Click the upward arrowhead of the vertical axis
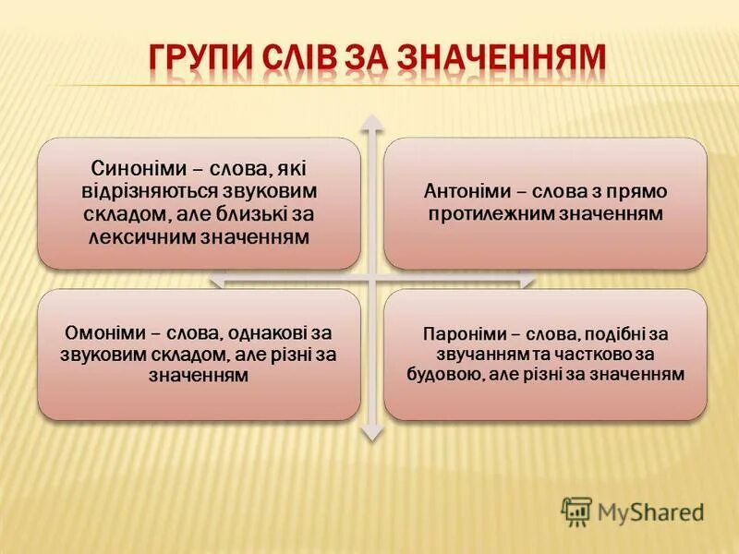pyautogui.click(x=371, y=123)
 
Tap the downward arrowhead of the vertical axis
pyautogui.click(x=371, y=430)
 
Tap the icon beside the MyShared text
pyautogui.click(x=576, y=511)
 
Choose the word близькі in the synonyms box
pyautogui.click(x=255, y=214)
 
